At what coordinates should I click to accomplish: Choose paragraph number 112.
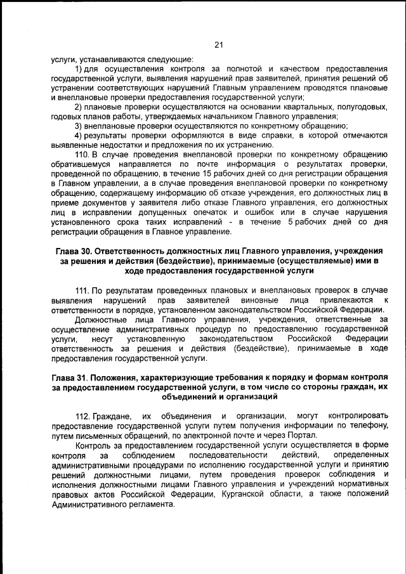(x=82, y=415)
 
